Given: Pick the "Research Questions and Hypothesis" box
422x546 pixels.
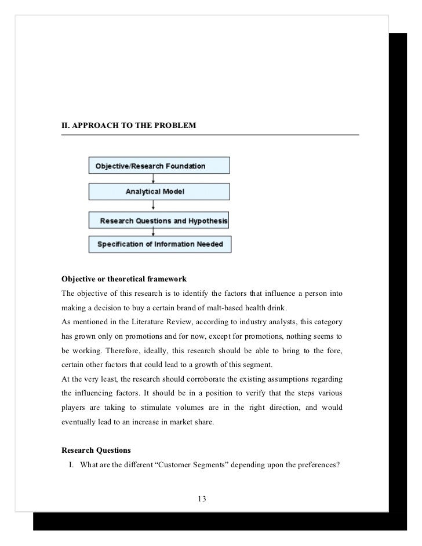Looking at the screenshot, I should coord(159,221).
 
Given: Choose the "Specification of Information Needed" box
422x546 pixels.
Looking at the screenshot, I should coord(159,244).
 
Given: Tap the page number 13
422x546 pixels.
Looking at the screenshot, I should coord(202,499).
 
